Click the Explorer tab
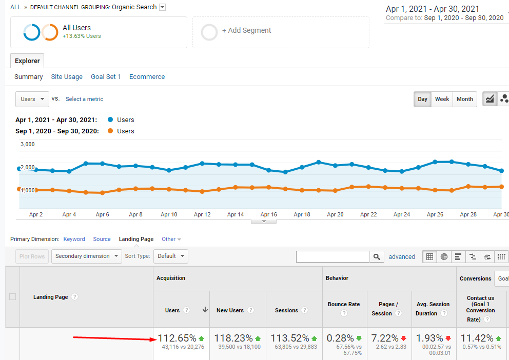click(x=27, y=61)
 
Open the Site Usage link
click(x=67, y=77)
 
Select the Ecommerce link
click(x=147, y=77)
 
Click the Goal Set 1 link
click(x=106, y=77)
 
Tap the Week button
click(x=442, y=99)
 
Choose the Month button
click(x=464, y=99)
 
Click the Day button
click(x=422, y=99)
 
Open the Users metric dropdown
click(x=32, y=99)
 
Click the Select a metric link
click(x=84, y=99)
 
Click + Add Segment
click(x=246, y=31)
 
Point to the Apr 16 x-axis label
click(x=268, y=215)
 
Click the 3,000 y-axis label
click(x=27, y=144)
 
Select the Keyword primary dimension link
click(x=74, y=239)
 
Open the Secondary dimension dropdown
click(x=86, y=256)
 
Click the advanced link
click(x=402, y=257)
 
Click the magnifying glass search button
click(x=377, y=256)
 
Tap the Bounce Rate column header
click(x=344, y=304)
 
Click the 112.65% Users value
click(x=177, y=338)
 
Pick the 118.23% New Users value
click(x=233, y=338)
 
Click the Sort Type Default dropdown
click(x=170, y=256)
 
